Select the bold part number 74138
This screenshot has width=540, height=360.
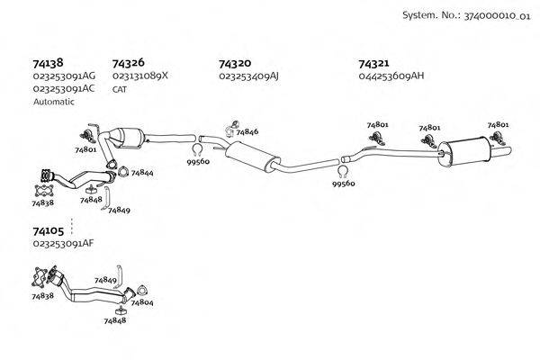pos(47,64)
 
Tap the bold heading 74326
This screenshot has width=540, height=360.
pos(129,64)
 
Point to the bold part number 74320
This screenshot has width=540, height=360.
pos(235,64)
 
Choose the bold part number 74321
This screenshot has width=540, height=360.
pos(373,64)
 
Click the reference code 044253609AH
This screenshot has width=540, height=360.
pos(391,77)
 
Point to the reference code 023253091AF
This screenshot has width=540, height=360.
pos(63,244)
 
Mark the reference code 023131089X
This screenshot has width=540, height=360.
pos(140,77)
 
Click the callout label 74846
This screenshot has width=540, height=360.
pos(247,132)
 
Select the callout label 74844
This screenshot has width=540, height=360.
pos(141,173)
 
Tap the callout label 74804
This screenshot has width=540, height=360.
pos(141,303)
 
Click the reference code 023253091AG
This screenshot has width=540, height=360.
pos(63,77)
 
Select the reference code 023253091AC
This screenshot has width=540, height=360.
pos(63,90)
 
